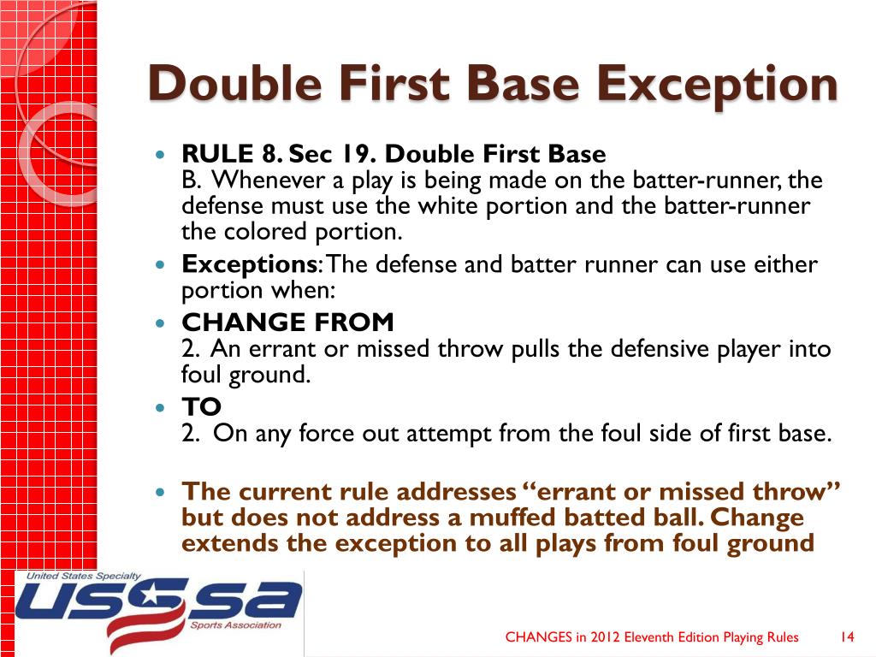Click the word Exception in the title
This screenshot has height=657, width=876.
click(x=716, y=86)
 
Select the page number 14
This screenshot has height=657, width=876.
click(x=847, y=636)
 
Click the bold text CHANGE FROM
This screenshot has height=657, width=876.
click(x=287, y=323)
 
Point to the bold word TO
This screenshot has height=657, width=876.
click(x=201, y=406)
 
